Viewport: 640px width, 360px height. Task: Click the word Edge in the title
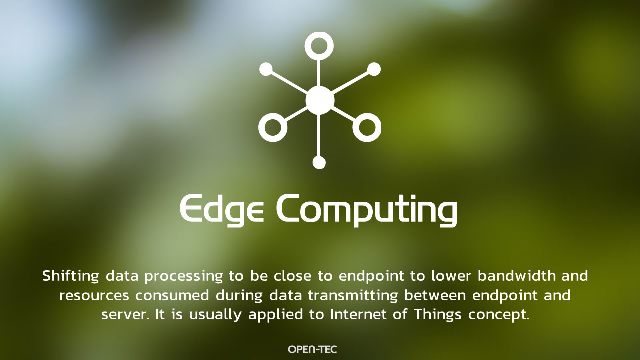221,210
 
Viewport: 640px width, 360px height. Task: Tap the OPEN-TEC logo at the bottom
312,349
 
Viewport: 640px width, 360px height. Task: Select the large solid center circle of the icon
320,100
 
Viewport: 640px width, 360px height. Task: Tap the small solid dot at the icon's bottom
319,163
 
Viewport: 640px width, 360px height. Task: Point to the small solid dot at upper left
266,69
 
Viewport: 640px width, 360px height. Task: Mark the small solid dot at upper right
374,69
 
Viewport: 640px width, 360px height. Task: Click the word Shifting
71,276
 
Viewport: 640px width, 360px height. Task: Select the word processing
183,276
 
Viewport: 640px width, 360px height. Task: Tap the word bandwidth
517,275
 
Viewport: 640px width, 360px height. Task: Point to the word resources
94,295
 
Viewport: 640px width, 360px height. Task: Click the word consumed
172,295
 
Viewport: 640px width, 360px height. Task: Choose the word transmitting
353,296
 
